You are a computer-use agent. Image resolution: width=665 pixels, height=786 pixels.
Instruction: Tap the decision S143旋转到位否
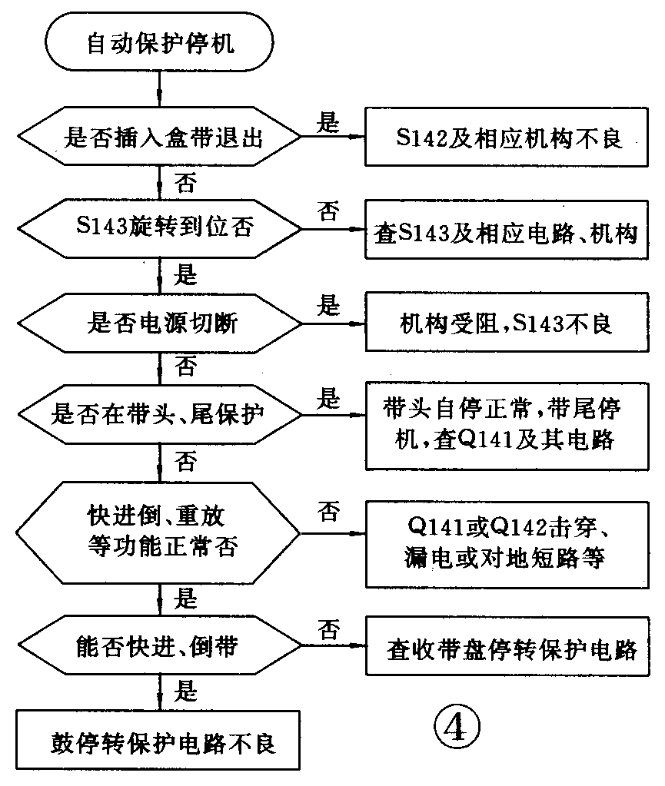(160, 229)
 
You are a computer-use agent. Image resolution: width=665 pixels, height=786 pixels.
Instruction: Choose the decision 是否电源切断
(160, 323)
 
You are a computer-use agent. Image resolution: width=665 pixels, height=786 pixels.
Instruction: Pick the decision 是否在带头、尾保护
(160, 416)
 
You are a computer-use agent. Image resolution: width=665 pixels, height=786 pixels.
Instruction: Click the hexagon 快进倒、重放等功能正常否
(160, 531)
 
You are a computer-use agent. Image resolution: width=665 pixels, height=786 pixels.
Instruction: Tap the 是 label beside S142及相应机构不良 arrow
(329, 123)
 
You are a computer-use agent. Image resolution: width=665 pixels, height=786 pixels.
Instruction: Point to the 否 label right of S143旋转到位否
(329, 212)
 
